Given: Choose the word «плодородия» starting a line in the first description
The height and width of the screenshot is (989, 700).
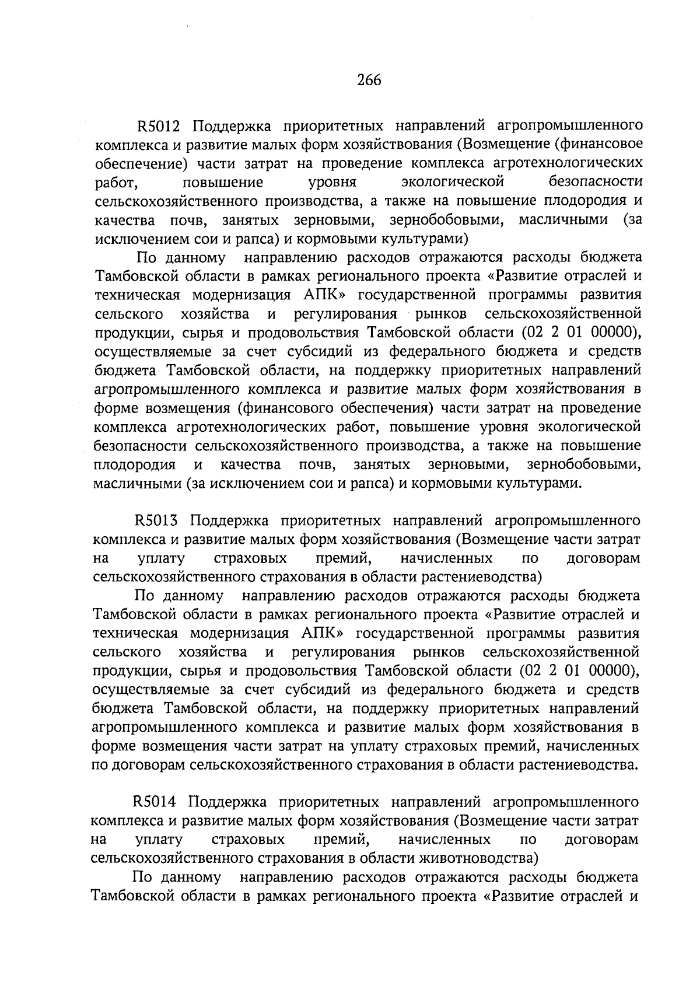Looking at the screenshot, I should point(135,465).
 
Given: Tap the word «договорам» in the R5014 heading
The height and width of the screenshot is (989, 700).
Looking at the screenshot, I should point(601,840).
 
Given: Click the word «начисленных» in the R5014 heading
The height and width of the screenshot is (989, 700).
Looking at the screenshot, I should point(443,840).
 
